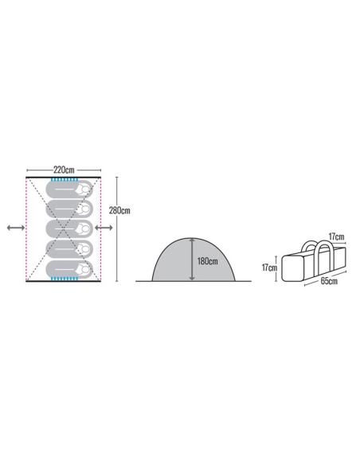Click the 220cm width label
64,170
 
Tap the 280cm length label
119,210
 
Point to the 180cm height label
208,261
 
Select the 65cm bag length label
329,281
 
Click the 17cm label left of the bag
269,268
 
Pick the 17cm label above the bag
337,236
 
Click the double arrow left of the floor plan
16,228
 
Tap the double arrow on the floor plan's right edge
104,228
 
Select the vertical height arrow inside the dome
192,260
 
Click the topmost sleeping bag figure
69,189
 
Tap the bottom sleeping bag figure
69,269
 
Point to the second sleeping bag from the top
69,209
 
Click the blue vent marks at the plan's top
65,180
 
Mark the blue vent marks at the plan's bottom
65,279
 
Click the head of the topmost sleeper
85,189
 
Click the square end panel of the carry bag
292,268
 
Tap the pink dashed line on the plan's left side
27,229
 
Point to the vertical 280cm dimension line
117,229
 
